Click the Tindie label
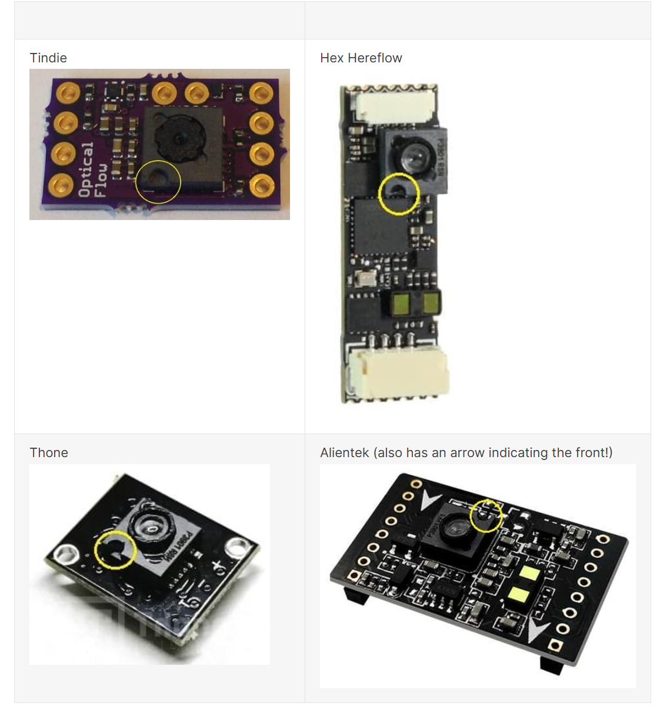point(48,58)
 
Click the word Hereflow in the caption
point(375,58)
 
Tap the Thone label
point(49,452)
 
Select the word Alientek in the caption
point(345,452)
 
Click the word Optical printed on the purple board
point(86,169)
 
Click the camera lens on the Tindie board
point(179,138)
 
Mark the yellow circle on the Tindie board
point(158,181)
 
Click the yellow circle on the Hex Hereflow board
point(399,194)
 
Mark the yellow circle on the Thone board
point(115,549)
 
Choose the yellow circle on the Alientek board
point(486,515)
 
